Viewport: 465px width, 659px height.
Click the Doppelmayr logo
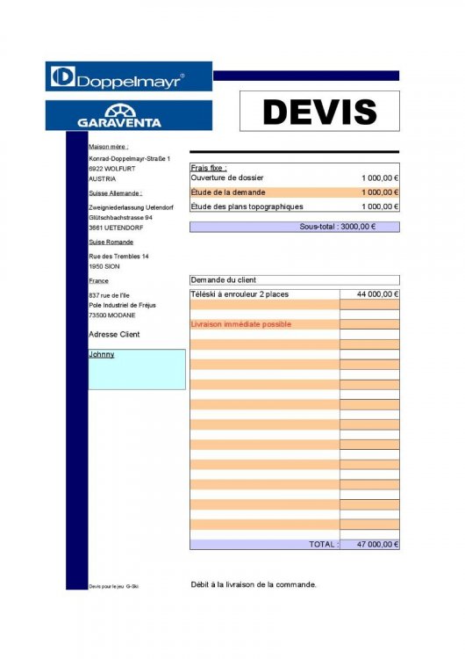[128, 77]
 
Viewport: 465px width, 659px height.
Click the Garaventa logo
[128, 115]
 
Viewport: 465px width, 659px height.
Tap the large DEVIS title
[319, 112]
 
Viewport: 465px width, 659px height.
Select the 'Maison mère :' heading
[109, 147]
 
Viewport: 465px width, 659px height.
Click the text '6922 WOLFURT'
[109, 167]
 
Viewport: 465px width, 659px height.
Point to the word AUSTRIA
[102, 177]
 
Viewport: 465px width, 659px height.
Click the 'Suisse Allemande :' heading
[115, 192]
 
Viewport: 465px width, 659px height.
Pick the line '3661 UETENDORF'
[115, 228]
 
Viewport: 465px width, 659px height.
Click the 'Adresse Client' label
[114, 335]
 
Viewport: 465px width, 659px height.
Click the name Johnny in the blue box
[102, 355]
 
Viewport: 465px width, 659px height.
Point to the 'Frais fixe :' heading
[209, 167]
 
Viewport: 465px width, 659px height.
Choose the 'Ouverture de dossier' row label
[227, 177]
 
